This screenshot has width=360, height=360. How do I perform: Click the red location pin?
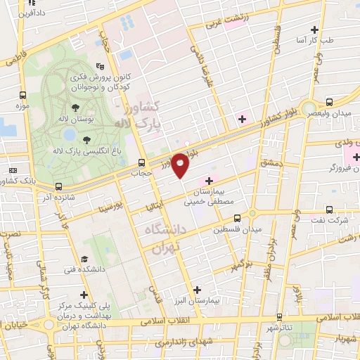(181, 165)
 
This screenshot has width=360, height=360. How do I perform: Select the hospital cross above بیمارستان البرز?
(197, 289)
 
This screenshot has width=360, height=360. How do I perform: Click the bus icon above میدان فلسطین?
(237, 218)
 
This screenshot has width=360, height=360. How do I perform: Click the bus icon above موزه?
(22, 95)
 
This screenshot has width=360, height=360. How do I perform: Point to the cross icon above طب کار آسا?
(314, 30)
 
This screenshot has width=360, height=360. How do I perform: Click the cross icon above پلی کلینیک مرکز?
(84, 295)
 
